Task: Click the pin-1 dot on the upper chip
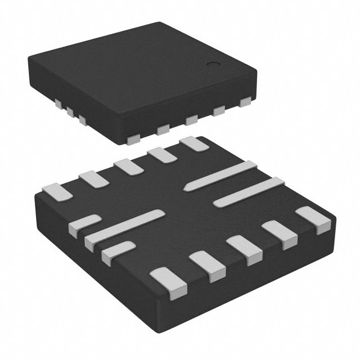click(213, 65)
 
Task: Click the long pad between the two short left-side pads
click(125, 227)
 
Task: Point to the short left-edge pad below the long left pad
click(116, 251)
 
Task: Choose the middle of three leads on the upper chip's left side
click(70, 111)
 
